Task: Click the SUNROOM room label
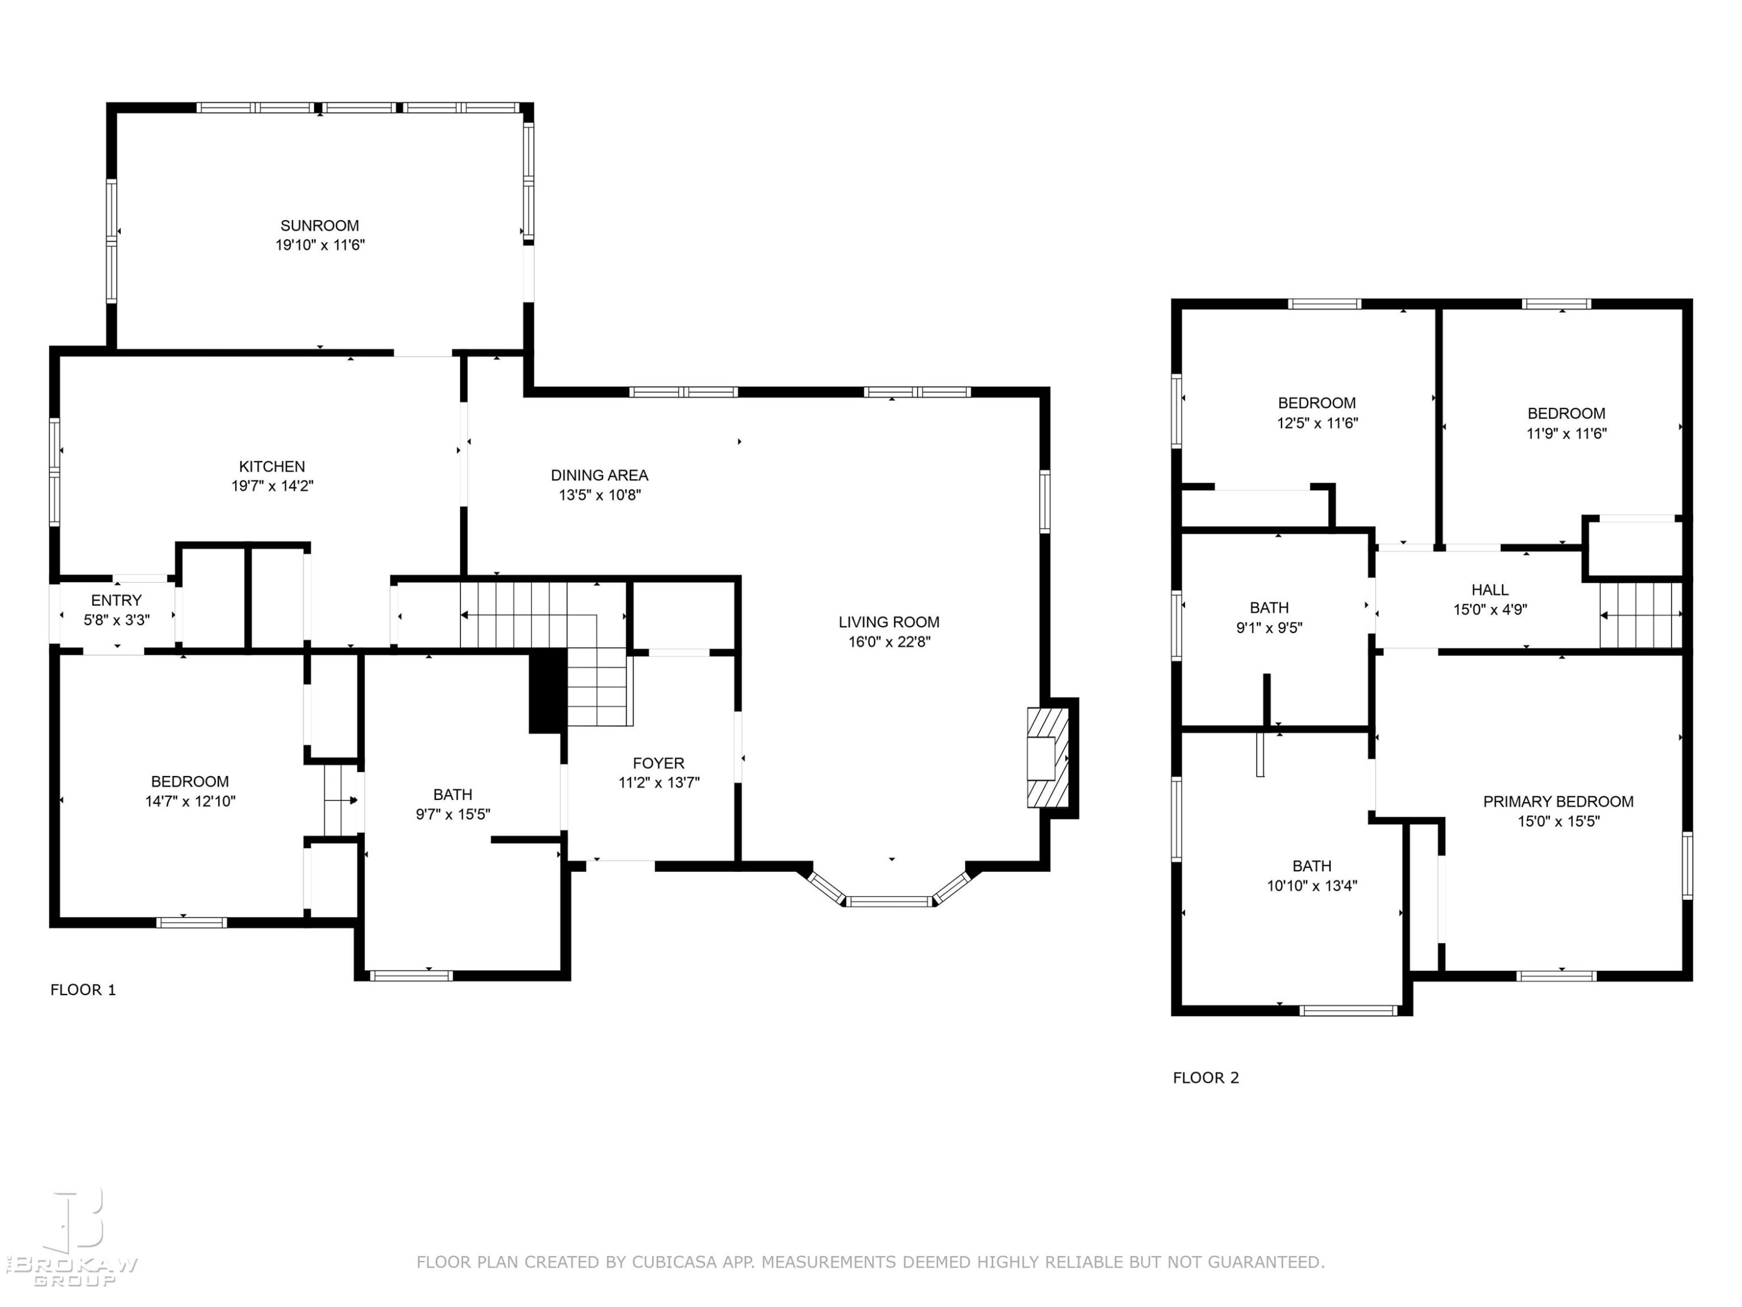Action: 320,226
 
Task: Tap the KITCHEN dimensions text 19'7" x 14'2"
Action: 272,486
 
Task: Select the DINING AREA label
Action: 599,475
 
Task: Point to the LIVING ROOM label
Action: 889,622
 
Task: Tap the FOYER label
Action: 658,763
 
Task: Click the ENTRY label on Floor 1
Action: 117,600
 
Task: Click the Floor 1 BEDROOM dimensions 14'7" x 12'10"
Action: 190,801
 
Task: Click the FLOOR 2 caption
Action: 1205,1078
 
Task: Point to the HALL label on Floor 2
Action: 1490,589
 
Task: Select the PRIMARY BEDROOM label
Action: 1559,801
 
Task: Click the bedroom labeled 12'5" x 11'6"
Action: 1317,413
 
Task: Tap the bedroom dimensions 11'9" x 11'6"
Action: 1567,433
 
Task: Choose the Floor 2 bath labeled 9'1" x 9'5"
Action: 1269,617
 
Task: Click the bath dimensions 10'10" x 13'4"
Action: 1312,885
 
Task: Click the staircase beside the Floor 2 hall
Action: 1640,615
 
